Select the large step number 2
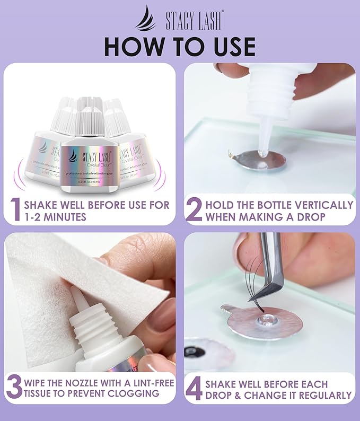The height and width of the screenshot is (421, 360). coord(194,210)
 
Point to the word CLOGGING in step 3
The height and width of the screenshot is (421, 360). coord(130,394)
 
